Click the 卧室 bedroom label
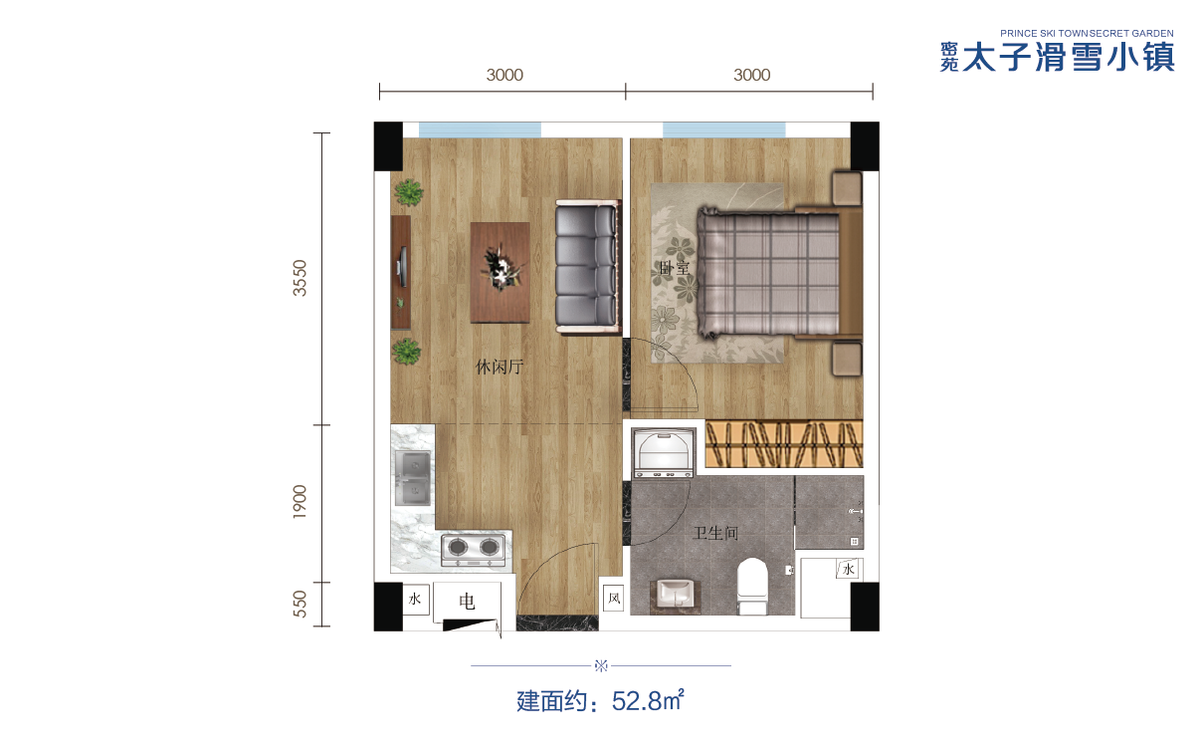tap(674, 268)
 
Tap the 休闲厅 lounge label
tap(499, 367)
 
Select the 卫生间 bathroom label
tap(715, 533)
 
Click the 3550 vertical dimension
tap(300, 278)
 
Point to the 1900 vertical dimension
tap(300, 502)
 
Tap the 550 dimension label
tap(300, 604)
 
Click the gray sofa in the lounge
tap(587, 267)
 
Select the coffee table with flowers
tap(500, 273)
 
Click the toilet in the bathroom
tap(752, 586)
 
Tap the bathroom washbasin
tap(676, 596)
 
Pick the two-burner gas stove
tap(474, 549)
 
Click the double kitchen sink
tap(413, 477)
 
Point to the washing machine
tap(664, 453)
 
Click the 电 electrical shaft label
tap(467, 602)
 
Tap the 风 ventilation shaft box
tap(614, 598)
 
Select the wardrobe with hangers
tap(783, 443)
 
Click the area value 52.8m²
tap(648, 701)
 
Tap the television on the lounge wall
tap(402, 267)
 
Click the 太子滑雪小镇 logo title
tap(1069, 58)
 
